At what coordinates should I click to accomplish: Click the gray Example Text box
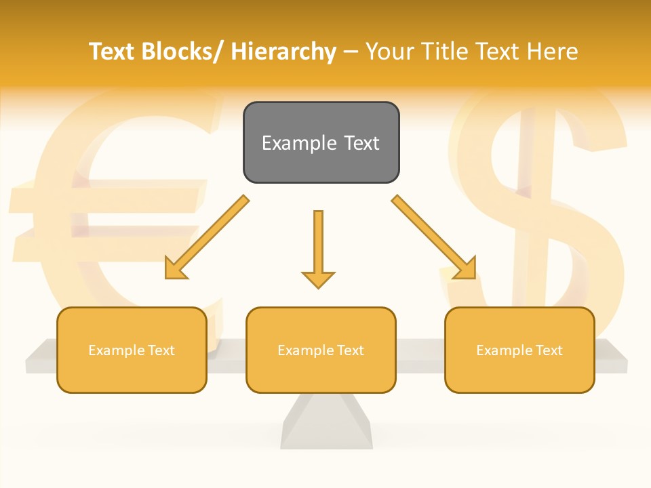[x=321, y=142]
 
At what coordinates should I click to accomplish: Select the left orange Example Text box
[x=132, y=350]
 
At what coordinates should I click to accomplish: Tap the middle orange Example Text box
[x=321, y=350]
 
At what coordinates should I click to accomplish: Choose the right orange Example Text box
[x=519, y=350]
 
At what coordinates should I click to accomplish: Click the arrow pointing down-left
[x=205, y=238]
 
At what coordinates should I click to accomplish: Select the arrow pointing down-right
[x=435, y=238]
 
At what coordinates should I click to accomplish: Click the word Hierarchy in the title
[x=283, y=52]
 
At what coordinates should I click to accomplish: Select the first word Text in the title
[x=113, y=52]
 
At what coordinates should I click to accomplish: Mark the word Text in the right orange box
[x=548, y=350]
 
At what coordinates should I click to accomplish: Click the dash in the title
[x=351, y=52]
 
